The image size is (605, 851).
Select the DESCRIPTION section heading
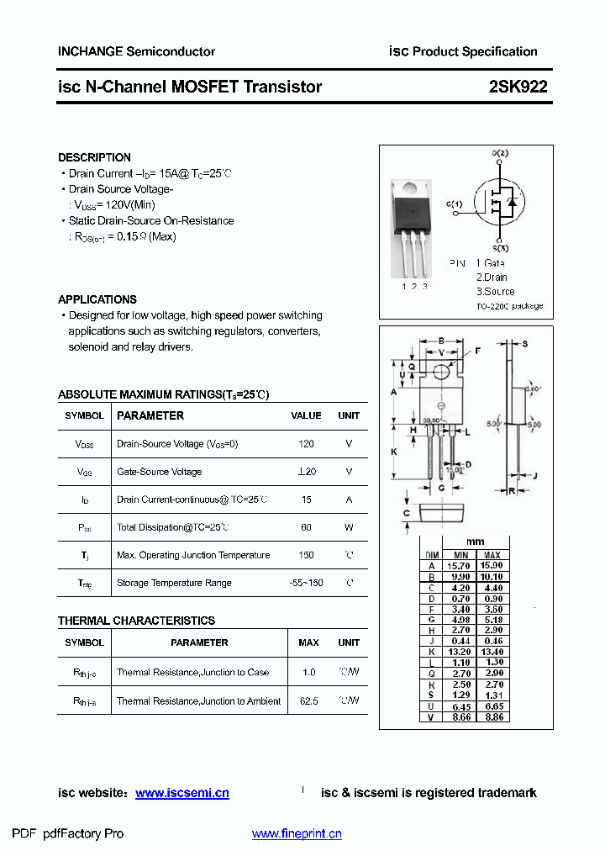(x=94, y=157)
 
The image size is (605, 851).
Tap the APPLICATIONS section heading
(x=97, y=299)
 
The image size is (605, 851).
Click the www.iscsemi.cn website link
(x=182, y=793)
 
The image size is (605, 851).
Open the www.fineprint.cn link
(x=297, y=834)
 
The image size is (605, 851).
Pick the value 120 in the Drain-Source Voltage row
(x=306, y=444)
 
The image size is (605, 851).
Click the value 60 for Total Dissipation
(x=306, y=527)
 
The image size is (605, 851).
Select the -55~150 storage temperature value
(x=306, y=583)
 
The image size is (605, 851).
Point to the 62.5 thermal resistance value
(x=308, y=701)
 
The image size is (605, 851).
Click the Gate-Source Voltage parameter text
(x=159, y=472)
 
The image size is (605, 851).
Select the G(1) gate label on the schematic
(x=454, y=204)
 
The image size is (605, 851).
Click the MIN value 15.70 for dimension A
(x=461, y=565)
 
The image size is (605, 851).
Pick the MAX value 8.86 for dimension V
(x=492, y=717)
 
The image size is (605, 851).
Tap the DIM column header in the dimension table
(x=432, y=555)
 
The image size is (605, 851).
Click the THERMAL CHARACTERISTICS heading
(x=136, y=621)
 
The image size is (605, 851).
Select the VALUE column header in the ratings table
(x=306, y=415)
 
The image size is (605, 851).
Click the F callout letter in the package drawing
(x=478, y=351)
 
